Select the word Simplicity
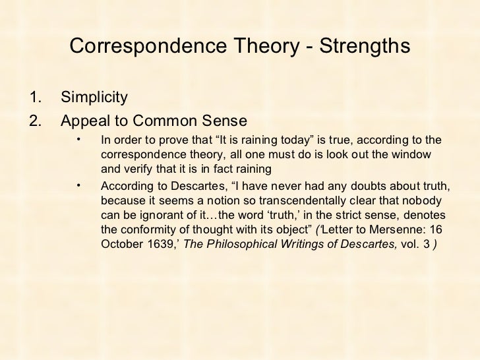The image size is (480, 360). pyautogui.click(x=94, y=98)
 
